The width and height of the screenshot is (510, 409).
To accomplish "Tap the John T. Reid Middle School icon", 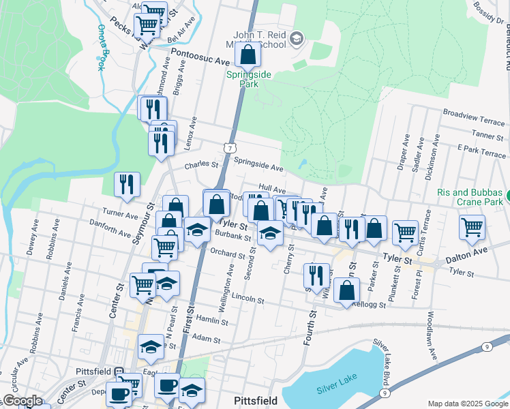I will [x=295, y=38].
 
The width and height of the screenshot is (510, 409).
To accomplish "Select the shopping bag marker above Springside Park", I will [x=248, y=55].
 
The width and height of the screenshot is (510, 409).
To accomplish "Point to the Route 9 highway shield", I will [x=487, y=347].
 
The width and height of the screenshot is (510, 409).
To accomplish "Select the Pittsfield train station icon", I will [x=118, y=373].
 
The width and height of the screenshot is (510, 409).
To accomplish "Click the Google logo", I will [x=22, y=401].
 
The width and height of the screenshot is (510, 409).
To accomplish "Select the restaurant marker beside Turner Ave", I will [x=127, y=184].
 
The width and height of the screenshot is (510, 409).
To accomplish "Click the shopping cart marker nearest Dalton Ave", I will [x=472, y=228].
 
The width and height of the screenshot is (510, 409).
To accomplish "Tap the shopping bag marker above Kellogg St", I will [x=347, y=291].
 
